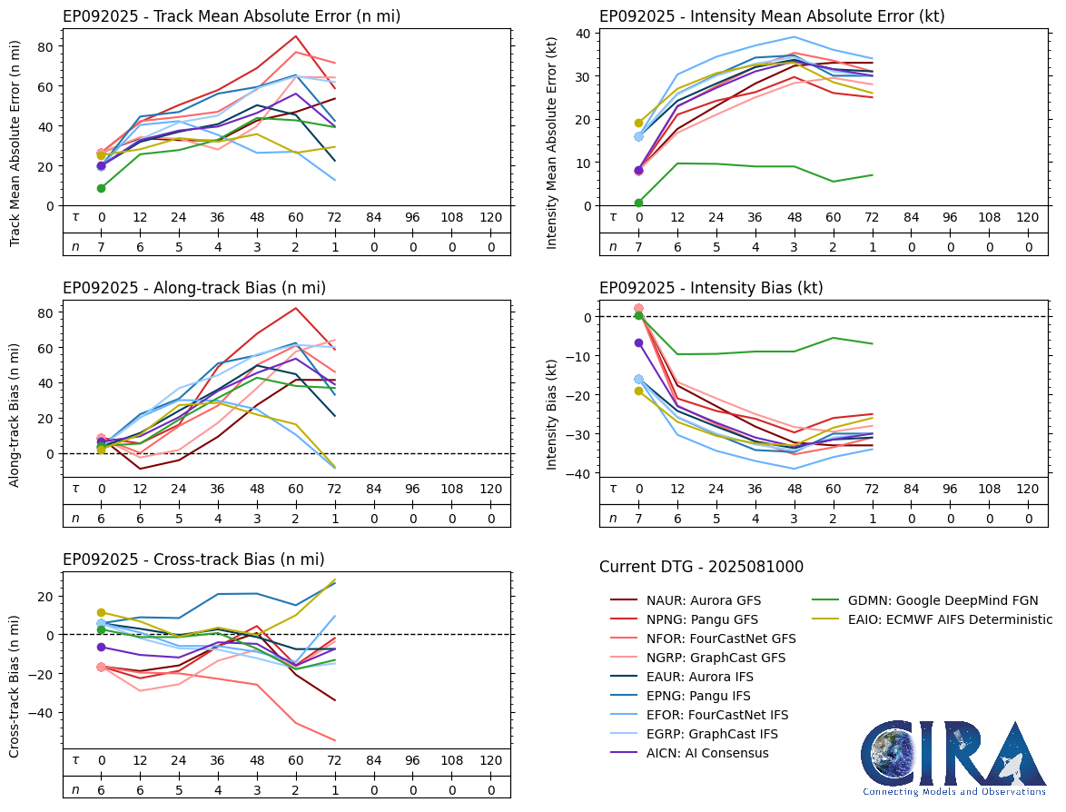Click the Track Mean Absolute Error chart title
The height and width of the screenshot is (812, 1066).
(x=232, y=16)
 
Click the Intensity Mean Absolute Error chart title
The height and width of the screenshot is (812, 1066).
(x=772, y=16)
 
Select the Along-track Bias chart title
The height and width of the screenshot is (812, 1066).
(x=194, y=288)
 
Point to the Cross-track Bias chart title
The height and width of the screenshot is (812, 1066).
(x=193, y=559)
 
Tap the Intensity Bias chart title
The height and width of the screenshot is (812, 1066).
(x=711, y=288)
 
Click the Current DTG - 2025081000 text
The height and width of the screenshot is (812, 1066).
(x=701, y=568)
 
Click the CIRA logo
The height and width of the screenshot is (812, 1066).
(x=953, y=758)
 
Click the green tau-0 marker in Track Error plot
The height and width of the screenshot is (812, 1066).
(x=101, y=188)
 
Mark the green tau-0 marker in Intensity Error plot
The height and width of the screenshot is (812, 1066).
(x=638, y=203)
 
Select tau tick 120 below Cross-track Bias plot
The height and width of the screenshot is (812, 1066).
(x=490, y=760)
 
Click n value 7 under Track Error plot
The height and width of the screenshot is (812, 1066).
(x=101, y=247)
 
